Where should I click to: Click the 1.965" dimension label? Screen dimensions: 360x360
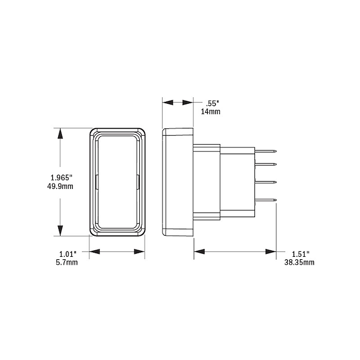[61, 178]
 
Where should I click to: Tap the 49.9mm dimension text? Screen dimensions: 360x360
[60, 186]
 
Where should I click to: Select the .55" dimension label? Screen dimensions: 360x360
[211, 104]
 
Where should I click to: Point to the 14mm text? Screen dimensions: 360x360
[211, 112]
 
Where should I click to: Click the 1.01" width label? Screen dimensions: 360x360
[67, 254]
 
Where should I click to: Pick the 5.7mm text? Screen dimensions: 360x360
[67, 262]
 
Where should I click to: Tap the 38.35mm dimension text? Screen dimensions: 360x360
[299, 262]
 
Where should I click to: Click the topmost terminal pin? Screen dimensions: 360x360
[266, 151]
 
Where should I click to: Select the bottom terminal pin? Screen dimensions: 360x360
[266, 200]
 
